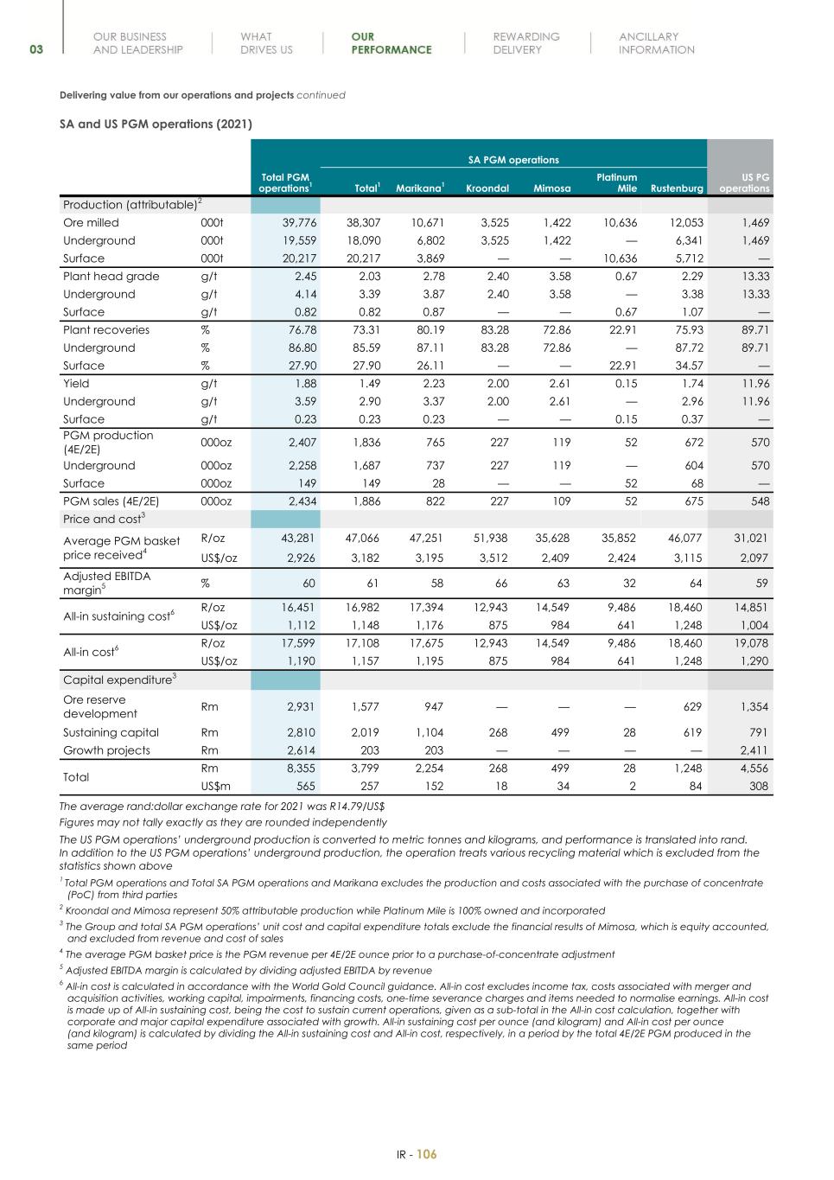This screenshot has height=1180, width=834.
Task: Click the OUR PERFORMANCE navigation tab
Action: (x=391, y=43)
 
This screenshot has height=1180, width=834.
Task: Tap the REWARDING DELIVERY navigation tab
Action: (x=525, y=43)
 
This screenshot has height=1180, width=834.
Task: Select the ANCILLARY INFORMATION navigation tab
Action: (x=656, y=43)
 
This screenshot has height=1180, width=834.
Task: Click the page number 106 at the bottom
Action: (x=427, y=1154)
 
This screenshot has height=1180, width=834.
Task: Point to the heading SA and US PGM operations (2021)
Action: (x=156, y=124)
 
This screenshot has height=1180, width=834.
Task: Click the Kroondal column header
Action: (x=487, y=188)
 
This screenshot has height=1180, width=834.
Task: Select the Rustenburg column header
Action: (x=677, y=188)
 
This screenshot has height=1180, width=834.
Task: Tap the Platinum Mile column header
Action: (x=617, y=182)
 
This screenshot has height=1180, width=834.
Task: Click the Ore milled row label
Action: (x=91, y=222)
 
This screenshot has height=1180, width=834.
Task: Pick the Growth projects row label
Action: (x=106, y=750)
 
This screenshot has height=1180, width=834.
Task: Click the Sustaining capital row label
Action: (x=111, y=732)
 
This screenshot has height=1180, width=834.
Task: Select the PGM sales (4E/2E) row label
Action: (x=111, y=501)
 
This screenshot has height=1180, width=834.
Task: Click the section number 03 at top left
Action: (x=36, y=49)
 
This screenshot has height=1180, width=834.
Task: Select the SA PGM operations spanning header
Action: (x=513, y=160)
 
